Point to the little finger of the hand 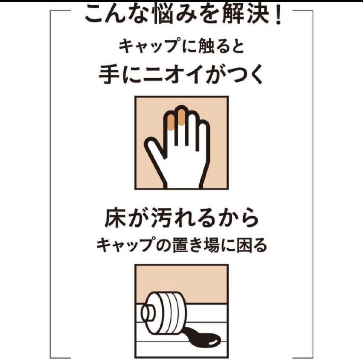(204, 137)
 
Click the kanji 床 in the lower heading (115, 218)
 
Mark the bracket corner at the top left (50, 11)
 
